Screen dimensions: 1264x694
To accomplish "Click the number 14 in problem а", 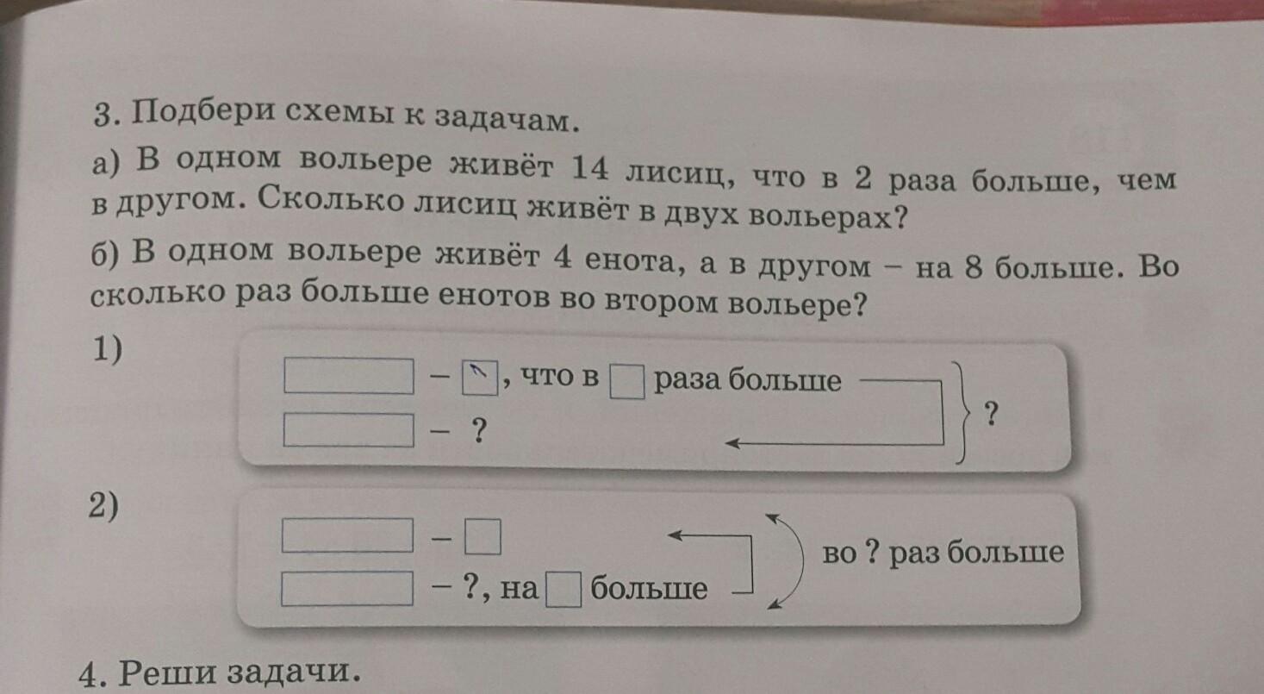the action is (x=589, y=168).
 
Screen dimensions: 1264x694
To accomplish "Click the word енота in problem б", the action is (x=635, y=260).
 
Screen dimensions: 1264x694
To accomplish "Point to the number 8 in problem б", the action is (x=974, y=266).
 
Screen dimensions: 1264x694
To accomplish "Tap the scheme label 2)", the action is (x=103, y=505).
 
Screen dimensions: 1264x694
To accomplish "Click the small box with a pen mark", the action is (x=480, y=378).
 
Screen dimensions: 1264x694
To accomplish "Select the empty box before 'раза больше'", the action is (x=627, y=382).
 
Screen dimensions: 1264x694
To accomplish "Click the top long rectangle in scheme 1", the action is (x=349, y=376).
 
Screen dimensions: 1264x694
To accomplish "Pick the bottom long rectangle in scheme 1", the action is (x=349, y=430).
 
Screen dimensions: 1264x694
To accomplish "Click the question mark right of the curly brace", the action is (x=992, y=414).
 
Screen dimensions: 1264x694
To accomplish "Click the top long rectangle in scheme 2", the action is (x=347, y=535).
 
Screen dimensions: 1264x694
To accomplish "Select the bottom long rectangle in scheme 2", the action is (x=347, y=589).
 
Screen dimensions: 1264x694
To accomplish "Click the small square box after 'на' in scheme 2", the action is (x=564, y=590).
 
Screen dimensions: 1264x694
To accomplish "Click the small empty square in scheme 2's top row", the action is (x=483, y=536).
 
